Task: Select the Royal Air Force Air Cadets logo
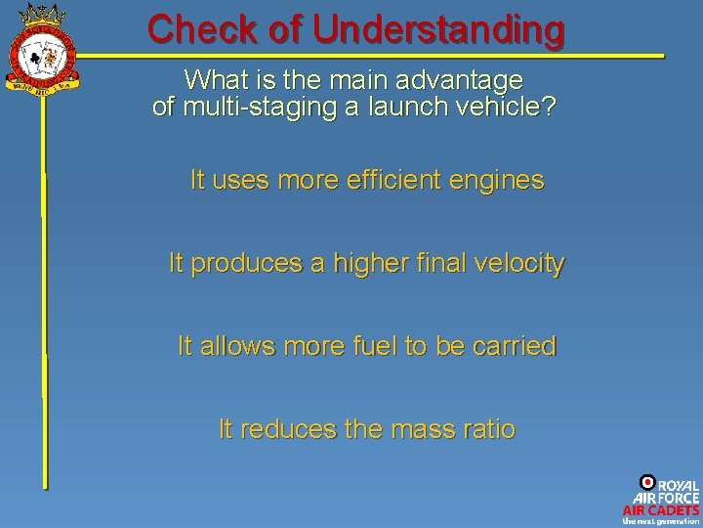coord(661,499)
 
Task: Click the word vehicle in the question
coord(507,107)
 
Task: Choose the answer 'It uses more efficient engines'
coord(366,181)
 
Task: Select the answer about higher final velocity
coord(366,263)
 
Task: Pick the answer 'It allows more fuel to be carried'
coord(366,346)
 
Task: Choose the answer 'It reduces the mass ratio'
coord(366,429)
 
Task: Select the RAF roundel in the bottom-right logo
coord(646,482)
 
